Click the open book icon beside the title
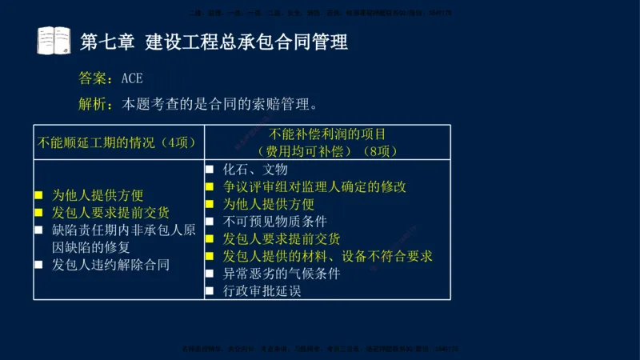54,40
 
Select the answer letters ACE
136,78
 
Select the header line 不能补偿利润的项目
327,134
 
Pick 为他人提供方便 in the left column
98,194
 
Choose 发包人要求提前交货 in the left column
110,212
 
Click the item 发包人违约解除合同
110,264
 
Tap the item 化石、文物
255,170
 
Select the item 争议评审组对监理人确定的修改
314,186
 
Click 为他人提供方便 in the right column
269,204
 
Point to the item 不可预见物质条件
275,222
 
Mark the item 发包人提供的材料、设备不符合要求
328,256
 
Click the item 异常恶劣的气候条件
282,274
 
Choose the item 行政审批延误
262,291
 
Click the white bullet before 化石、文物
210,170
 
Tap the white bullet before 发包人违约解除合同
38,264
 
